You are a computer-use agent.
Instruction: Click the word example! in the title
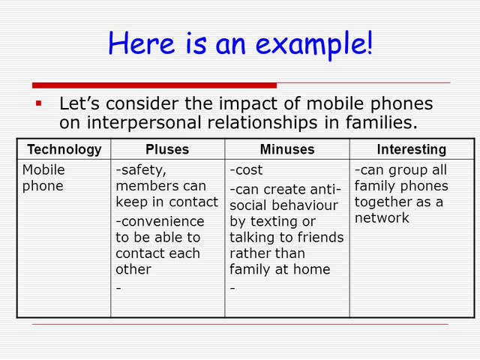(314, 44)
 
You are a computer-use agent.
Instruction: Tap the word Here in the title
(142, 43)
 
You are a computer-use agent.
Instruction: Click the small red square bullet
(38, 103)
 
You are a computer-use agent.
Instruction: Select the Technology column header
(64, 149)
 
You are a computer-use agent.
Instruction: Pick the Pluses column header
(167, 149)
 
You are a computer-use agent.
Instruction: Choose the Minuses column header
(287, 149)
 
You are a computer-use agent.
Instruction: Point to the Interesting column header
(412, 149)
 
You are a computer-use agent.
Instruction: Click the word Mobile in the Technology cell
(43, 169)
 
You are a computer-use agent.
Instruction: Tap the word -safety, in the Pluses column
(141, 170)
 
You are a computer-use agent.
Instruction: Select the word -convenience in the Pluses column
(160, 221)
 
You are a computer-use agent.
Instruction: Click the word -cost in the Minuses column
(246, 170)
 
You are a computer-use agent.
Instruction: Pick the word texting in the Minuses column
(274, 222)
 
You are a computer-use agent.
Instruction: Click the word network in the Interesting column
(382, 218)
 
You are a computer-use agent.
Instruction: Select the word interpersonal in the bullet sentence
(145, 123)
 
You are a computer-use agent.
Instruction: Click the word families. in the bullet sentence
(382, 122)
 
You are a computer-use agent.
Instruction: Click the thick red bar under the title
(154, 85)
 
